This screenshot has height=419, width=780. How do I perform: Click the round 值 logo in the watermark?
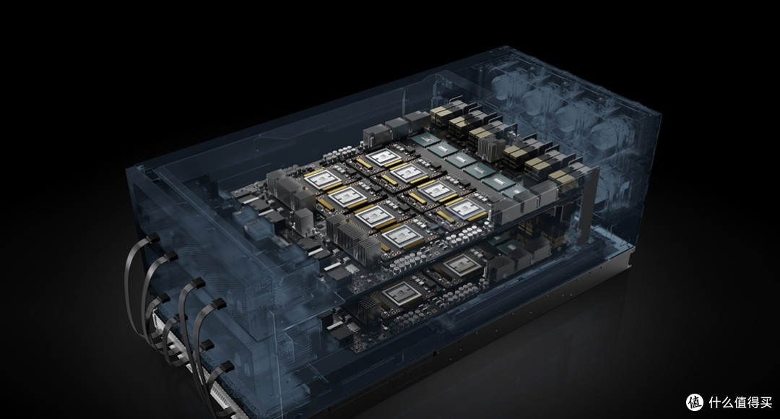point(695,402)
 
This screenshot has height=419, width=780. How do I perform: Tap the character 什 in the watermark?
point(714,402)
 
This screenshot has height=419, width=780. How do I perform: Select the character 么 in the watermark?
point(727,402)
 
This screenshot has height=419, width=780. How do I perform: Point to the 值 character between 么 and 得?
point(740,402)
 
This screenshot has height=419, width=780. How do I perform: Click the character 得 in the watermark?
point(753,402)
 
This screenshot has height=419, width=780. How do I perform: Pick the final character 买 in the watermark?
point(766,402)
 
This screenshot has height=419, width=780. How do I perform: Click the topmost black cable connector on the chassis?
point(152,238)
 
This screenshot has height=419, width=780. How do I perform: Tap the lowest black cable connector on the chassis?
point(226,367)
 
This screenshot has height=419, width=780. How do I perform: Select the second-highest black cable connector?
point(170,256)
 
